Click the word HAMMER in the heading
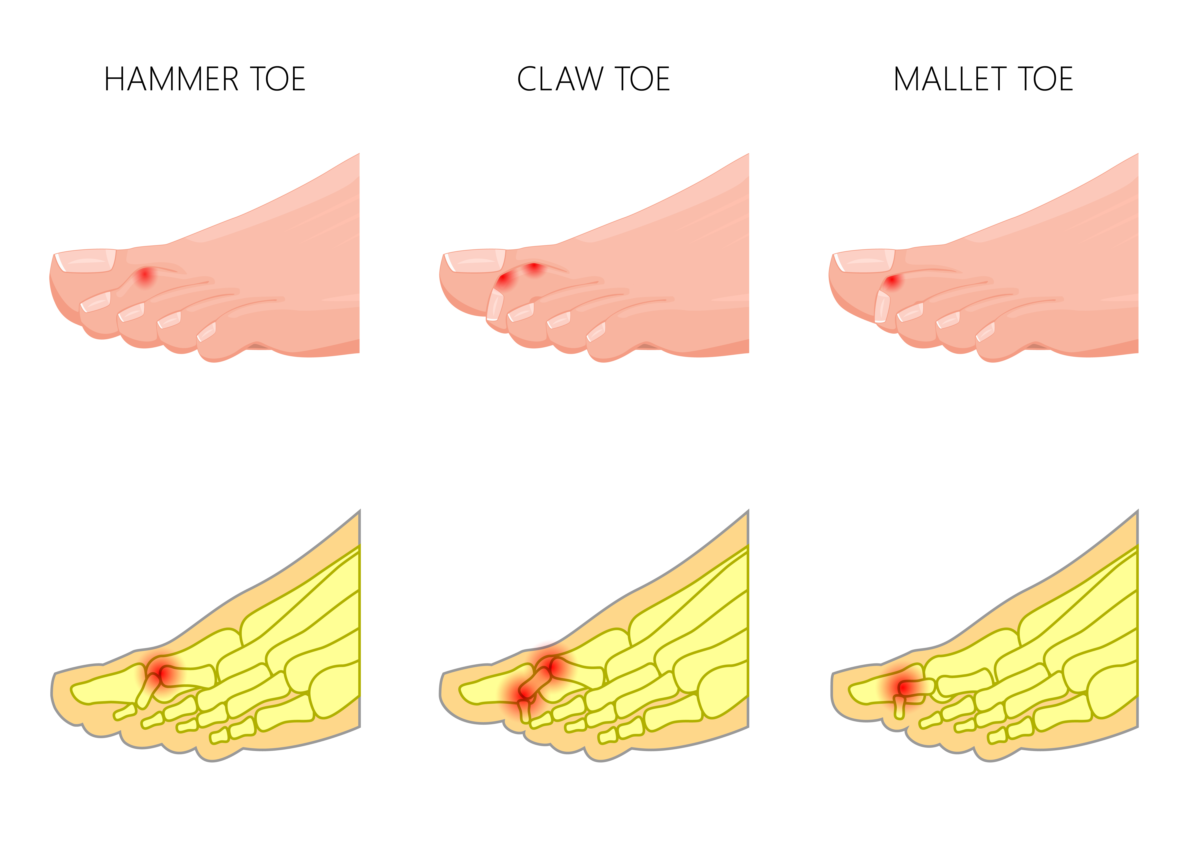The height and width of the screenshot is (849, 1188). click(x=171, y=79)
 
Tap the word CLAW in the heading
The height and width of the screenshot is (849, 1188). click(x=560, y=79)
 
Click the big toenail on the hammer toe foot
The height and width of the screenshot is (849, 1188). click(x=85, y=261)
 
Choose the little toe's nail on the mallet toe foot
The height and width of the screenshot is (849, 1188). click(x=985, y=331)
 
